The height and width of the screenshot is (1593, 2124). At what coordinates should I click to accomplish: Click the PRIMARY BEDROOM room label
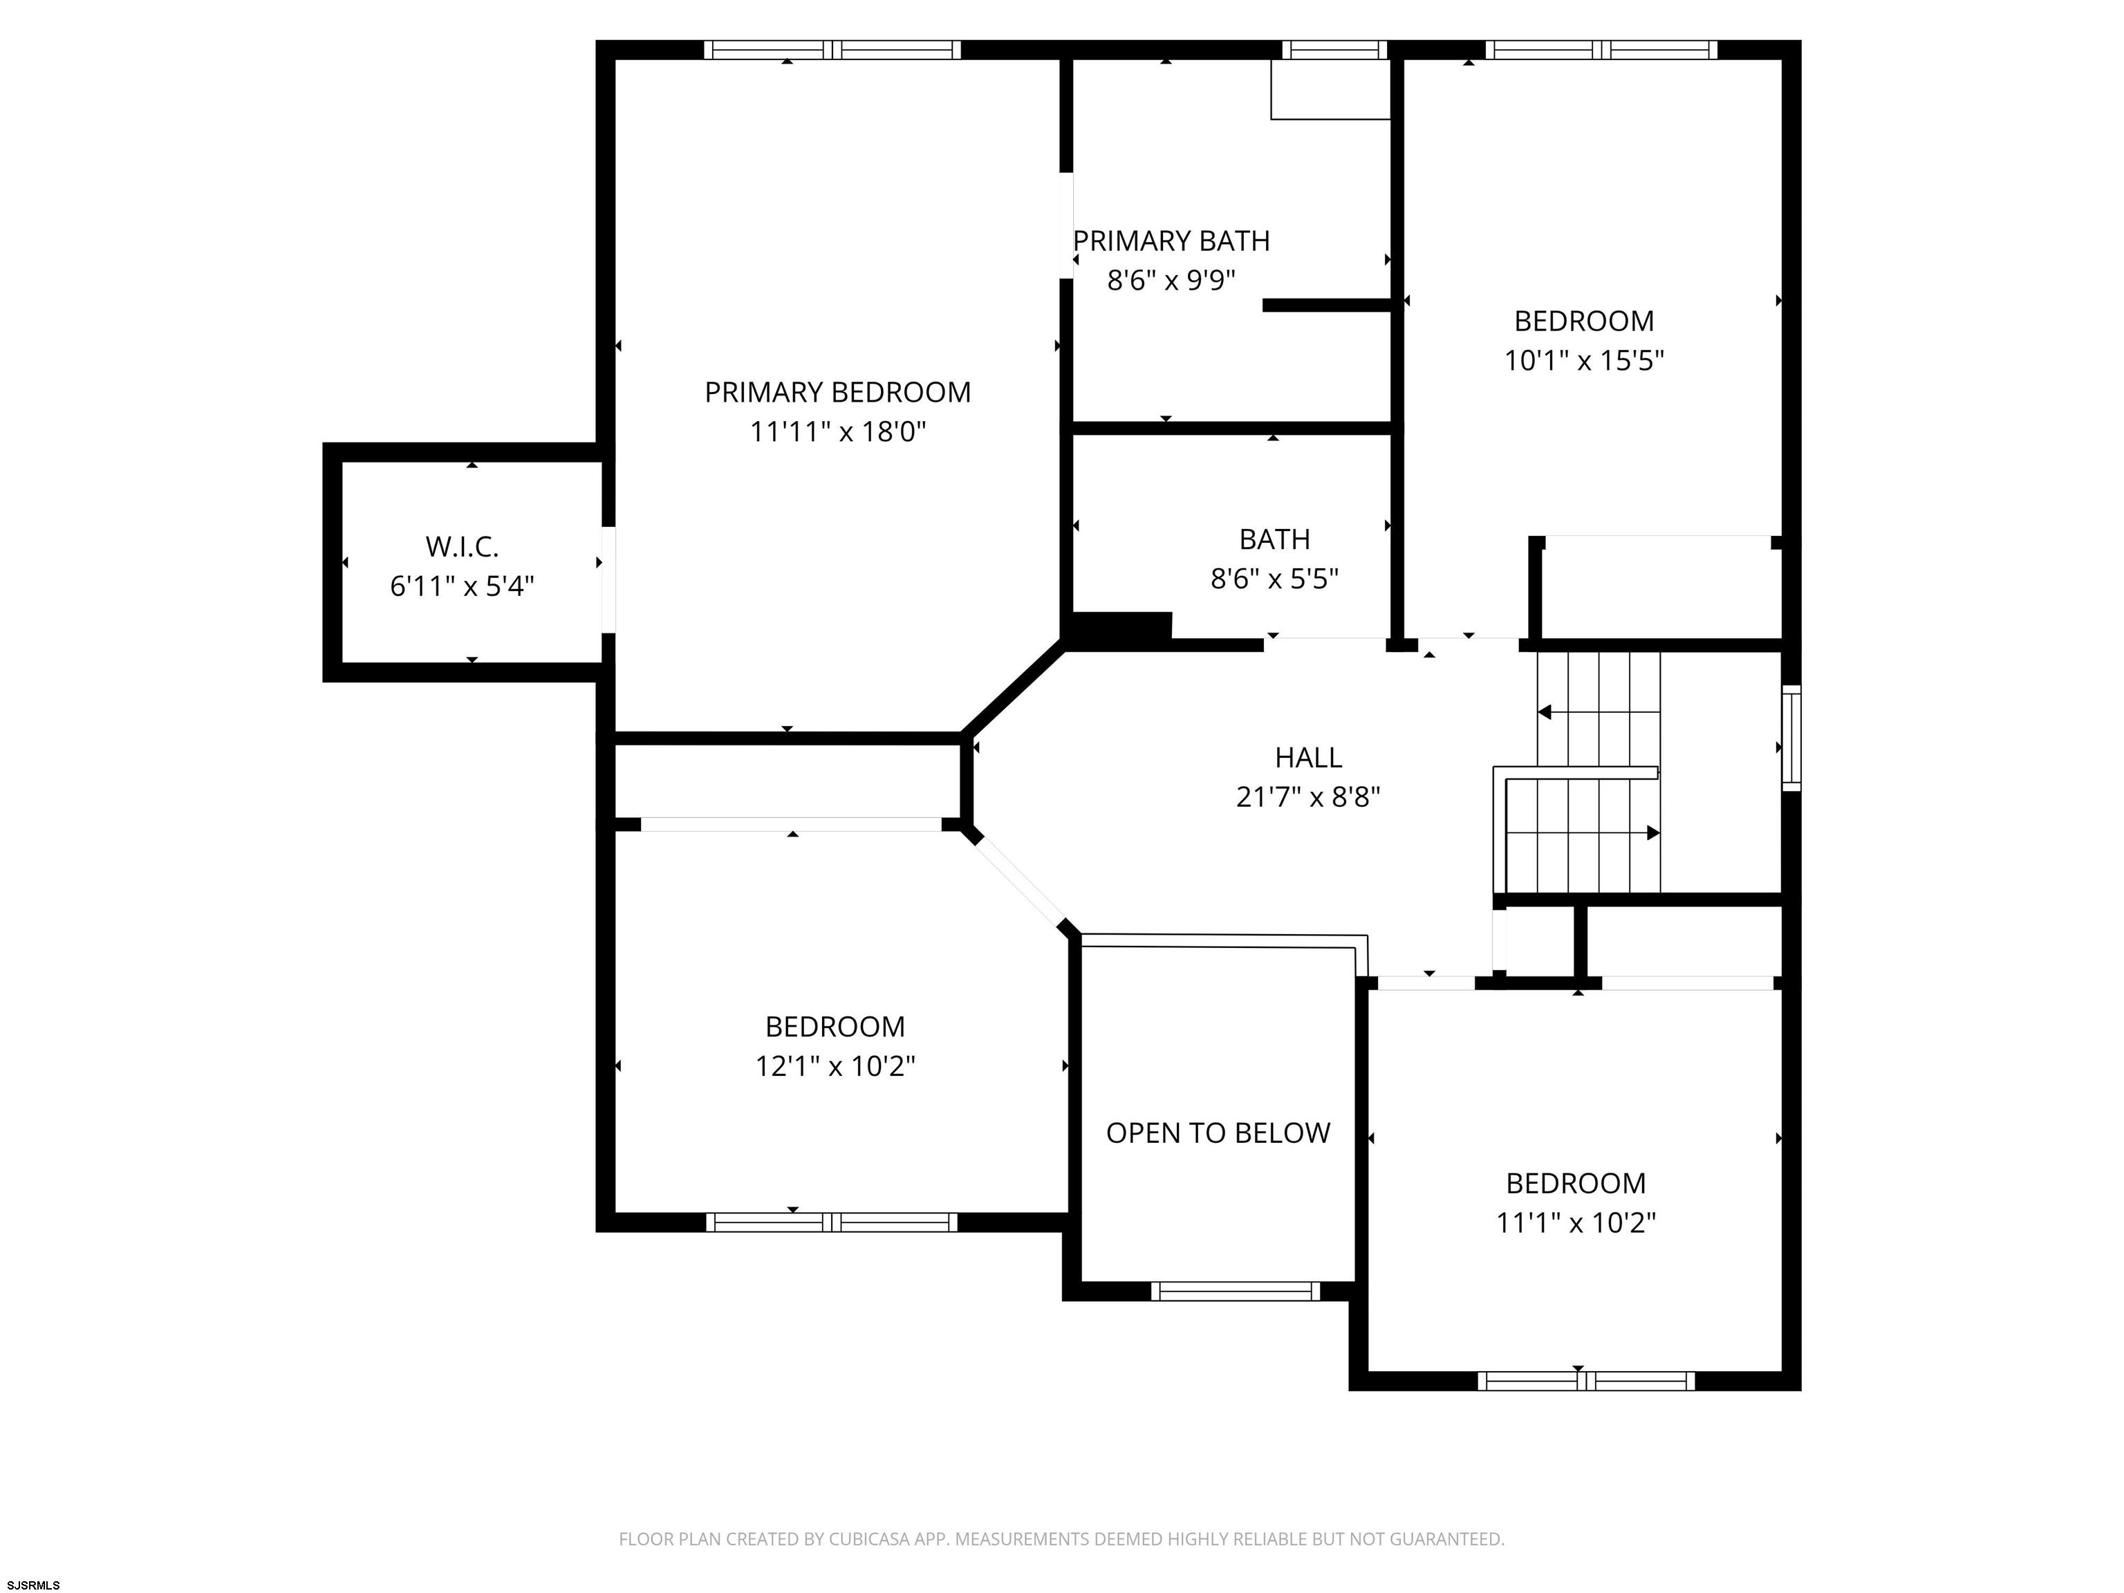[837, 392]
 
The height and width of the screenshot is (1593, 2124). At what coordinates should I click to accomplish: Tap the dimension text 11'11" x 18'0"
[837, 432]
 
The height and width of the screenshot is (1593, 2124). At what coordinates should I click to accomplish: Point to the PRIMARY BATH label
[1171, 241]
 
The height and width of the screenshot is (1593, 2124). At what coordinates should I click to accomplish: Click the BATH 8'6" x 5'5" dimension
[1274, 579]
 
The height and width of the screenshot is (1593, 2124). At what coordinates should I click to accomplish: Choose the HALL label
[1308, 758]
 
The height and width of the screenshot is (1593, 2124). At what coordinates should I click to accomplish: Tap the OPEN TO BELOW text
[1218, 1133]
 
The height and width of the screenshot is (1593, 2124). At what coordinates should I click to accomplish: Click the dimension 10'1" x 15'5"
[1583, 360]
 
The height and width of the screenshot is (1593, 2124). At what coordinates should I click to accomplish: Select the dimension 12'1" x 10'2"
[835, 1067]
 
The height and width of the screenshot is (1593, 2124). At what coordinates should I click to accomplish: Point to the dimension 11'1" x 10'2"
[1576, 1222]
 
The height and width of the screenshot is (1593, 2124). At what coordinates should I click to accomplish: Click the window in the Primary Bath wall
[1334, 50]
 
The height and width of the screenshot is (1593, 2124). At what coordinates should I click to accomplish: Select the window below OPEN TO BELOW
[1236, 1292]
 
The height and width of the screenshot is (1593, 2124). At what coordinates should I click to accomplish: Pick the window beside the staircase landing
[1791, 738]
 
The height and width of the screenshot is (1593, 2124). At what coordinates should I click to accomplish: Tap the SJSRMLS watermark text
[34, 1585]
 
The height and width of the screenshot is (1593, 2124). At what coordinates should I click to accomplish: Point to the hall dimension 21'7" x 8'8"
[1308, 797]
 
